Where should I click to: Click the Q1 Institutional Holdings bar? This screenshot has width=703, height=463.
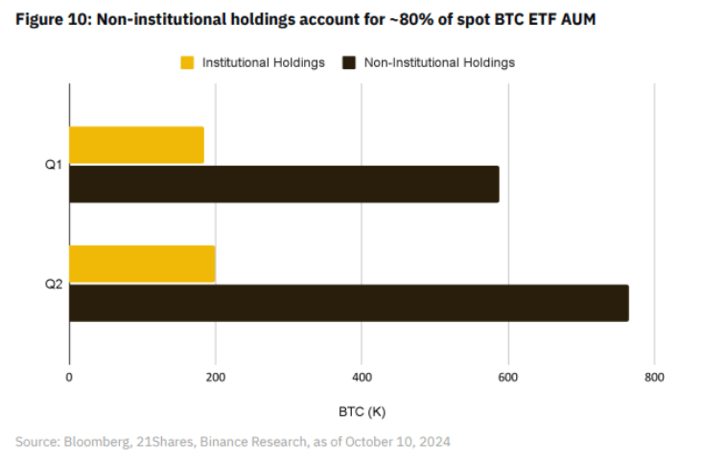pyautogui.click(x=136, y=145)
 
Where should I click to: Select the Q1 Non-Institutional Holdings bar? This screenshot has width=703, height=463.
pyautogui.click(x=284, y=184)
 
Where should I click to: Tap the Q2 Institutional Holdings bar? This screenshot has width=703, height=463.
pyautogui.click(x=142, y=264)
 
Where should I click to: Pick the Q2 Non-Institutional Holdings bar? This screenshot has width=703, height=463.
pyautogui.click(x=348, y=303)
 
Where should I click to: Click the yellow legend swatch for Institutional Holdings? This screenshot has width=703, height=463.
pyautogui.click(x=187, y=62)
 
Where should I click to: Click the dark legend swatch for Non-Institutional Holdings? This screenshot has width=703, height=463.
pyautogui.click(x=349, y=62)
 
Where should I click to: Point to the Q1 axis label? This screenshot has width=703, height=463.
pyautogui.click(x=54, y=165)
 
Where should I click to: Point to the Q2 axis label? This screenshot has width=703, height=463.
pyautogui.click(x=54, y=284)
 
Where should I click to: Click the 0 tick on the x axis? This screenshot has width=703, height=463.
pyautogui.click(x=69, y=378)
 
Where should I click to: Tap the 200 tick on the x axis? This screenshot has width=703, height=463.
pyautogui.click(x=215, y=378)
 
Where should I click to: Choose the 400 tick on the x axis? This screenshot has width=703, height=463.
pyautogui.click(x=362, y=378)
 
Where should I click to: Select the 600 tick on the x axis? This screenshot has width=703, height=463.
pyautogui.click(x=507, y=378)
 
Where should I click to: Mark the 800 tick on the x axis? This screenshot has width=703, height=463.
pyautogui.click(x=654, y=378)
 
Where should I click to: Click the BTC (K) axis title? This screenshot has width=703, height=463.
pyautogui.click(x=362, y=412)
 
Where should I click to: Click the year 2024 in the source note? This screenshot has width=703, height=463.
pyautogui.click(x=434, y=442)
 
